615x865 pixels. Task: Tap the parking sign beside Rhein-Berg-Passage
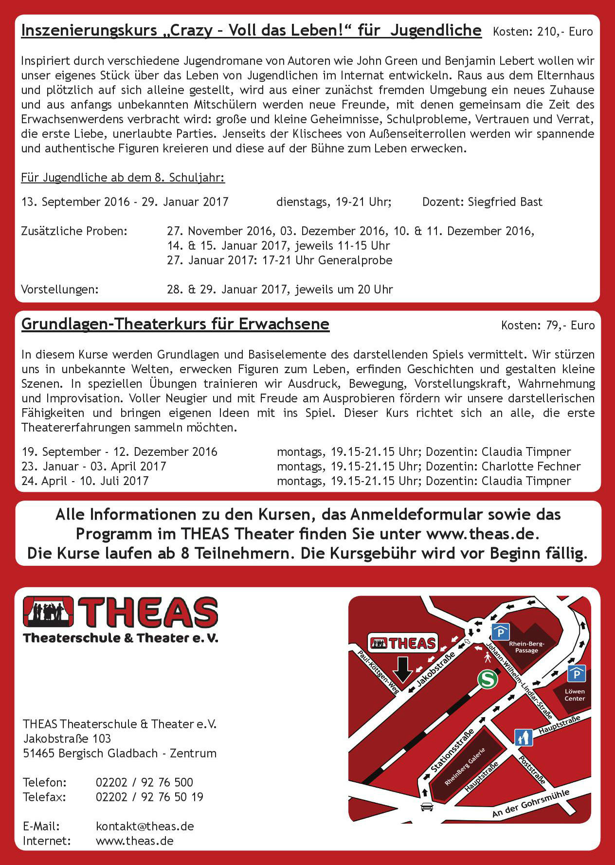coord(500,632)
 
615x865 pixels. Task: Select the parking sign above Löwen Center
coord(577,674)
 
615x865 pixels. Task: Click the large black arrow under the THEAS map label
coord(402,669)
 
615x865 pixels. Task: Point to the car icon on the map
coord(427,807)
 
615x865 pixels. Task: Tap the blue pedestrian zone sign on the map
coord(524,738)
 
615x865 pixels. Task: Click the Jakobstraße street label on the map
coord(436,669)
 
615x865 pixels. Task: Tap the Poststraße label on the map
coord(532,770)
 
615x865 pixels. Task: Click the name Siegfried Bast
coord(505,202)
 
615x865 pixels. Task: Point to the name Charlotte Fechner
coord(531,467)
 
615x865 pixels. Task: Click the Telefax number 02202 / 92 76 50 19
coord(149,797)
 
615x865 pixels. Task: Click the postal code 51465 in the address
coord(39,753)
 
